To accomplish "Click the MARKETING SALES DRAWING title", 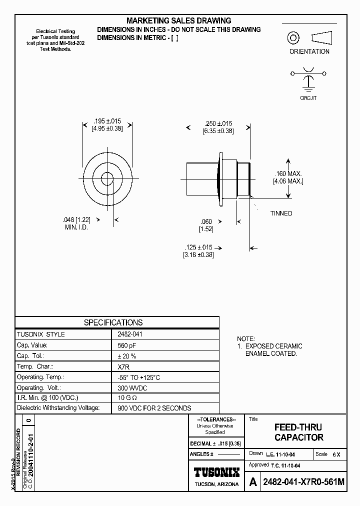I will click(178, 20).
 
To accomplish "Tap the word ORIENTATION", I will click(309, 51).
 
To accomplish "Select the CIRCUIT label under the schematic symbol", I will click(308, 98).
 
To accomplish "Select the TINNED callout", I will click(281, 213).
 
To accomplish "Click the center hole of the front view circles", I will click(107, 178).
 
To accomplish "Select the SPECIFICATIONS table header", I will click(113, 322).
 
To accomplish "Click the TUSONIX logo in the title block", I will click(216, 472).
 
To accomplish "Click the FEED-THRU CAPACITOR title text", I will click(298, 432).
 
